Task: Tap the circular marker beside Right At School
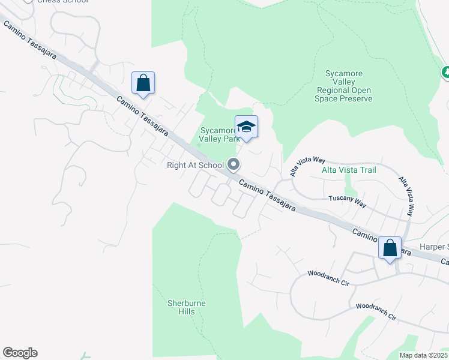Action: (x=234, y=164)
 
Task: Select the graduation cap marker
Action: (x=246, y=127)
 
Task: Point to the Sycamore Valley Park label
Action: (x=218, y=134)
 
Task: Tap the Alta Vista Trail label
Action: (x=349, y=170)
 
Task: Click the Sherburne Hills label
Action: (x=186, y=307)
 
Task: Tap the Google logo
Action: (x=20, y=353)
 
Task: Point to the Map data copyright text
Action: (x=424, y=355)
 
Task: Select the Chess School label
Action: (x=62, y=2)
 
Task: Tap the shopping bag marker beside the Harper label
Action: (x=390, y=248)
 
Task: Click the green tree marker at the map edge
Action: (x=445, y=72)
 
